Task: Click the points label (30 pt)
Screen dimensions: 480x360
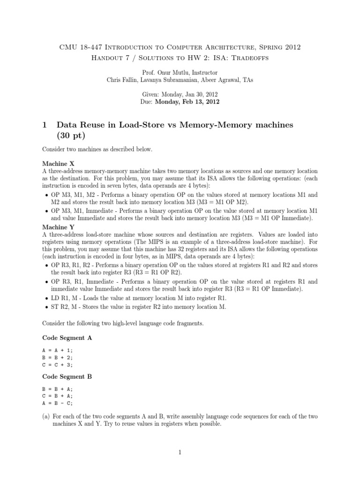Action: pos(71,136)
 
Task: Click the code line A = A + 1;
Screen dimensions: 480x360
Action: pos(58,350)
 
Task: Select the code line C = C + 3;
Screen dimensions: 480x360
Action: pos(58,364)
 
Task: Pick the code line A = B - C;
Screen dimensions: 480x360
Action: pos(58,403)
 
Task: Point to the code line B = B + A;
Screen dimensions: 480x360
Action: pos(58,389)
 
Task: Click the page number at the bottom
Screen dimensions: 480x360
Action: pos(180,452)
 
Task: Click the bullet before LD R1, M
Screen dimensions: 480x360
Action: pos(45,298)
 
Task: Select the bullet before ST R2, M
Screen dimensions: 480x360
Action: pos(45,307)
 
